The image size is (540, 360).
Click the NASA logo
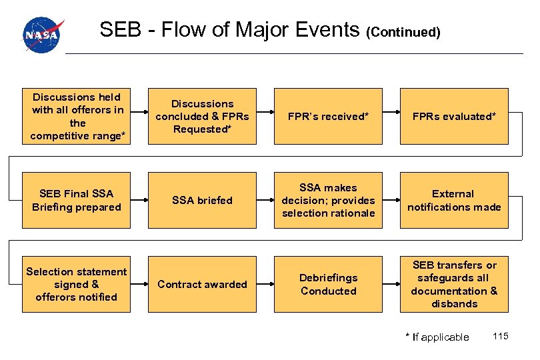click(43, 35)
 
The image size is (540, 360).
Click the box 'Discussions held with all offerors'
click(77, 116)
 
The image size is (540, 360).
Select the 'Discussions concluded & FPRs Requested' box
click(202, 116)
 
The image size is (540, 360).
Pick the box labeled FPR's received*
click(328, 116)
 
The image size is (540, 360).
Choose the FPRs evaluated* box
click(454, 116)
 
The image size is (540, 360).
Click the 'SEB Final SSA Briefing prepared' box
click(77, 200)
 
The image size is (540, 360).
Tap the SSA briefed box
click(202, 200)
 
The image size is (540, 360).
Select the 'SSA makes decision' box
click(328, 200)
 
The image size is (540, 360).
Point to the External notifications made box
click(454, 200)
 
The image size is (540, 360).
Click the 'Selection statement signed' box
click(77, 284)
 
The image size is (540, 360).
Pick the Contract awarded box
click(202, 284)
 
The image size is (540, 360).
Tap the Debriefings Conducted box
click(328, 284)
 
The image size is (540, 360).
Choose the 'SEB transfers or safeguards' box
click(454, 284)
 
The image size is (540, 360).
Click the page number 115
click(501, 336)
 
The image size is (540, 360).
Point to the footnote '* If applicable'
click(437, 337)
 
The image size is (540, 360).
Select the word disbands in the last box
click(454, 304)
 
